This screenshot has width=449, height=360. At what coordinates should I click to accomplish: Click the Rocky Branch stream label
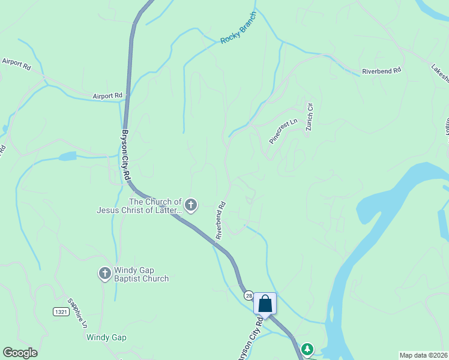[x=238, y=29]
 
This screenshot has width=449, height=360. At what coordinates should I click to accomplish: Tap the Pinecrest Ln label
[x=283, y=131]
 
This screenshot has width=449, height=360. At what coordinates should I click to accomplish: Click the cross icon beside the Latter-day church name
[x=191, y=206]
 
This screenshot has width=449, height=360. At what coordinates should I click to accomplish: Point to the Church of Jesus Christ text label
[x=139, y=206]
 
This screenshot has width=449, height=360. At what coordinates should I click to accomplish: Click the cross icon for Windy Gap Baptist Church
[x=104, y=274]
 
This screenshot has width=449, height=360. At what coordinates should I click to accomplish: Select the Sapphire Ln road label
[x=77, y=312]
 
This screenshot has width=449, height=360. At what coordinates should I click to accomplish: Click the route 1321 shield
[x=60, y=311]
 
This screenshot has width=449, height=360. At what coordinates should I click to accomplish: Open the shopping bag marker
[x=265, y=304]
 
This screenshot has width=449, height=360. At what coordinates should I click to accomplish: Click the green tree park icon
[x=307, y=349]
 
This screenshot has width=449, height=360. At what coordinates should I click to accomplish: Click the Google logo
[x=20, y=353]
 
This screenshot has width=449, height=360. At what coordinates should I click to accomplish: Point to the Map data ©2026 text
[x=423, y=355]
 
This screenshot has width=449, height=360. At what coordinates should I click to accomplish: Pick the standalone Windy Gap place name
[x=106, y=337]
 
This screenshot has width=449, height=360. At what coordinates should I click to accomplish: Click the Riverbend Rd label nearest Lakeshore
[x=381, y=71]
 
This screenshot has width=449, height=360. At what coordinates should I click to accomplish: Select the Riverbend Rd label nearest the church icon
[x=220, y=220]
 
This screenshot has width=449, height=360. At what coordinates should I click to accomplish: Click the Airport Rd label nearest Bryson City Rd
[x=107, y=95]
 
